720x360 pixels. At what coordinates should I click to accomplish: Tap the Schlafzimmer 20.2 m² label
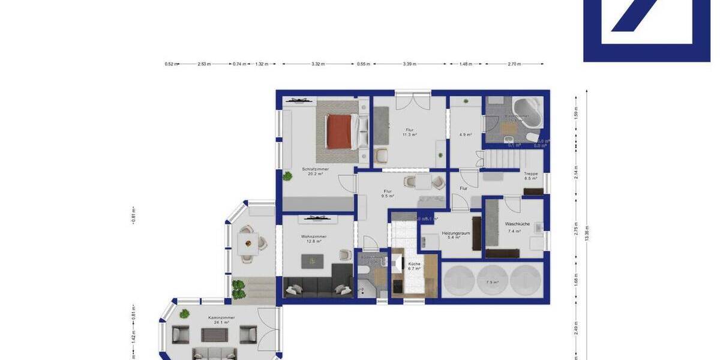315,172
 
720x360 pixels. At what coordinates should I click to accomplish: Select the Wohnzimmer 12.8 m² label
314,239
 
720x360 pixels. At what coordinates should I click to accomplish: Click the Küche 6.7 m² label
414,266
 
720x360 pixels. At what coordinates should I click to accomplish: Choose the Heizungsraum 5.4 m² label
455,235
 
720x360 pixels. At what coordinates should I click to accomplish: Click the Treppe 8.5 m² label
531,176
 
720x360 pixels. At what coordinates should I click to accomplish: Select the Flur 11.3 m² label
409,132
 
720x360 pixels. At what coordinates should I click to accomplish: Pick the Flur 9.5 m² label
388,193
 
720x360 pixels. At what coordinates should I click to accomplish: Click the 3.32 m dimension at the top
319,64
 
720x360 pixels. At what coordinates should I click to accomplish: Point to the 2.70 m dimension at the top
514,64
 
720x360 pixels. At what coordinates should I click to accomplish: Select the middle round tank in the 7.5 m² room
493,280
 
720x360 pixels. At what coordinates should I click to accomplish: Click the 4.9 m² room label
465,134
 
